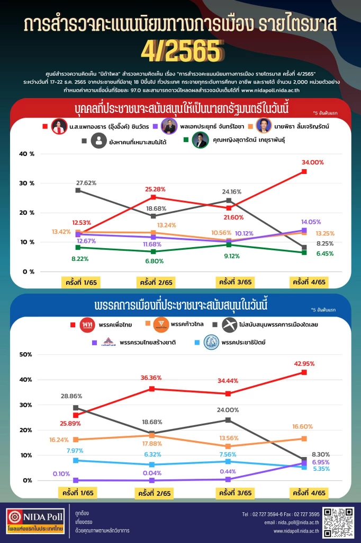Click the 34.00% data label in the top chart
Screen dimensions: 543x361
312,162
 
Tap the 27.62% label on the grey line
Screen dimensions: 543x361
86,182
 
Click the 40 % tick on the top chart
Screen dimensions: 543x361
26,154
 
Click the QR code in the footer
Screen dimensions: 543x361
338,522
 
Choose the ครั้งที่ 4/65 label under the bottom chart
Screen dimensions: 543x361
309,493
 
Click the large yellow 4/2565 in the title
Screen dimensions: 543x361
180,50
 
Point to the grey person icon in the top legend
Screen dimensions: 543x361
98,141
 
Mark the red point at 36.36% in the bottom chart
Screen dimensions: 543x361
152,389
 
